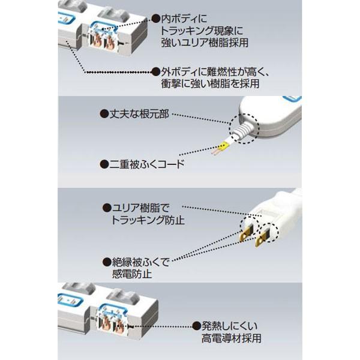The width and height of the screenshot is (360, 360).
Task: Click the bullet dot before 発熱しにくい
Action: point(196,326)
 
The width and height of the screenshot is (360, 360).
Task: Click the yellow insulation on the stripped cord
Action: point(223,146)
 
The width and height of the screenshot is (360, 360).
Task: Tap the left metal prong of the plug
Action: point(245,232)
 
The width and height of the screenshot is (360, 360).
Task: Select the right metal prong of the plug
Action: point(261,239)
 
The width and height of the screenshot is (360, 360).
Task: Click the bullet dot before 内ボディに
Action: point(155,19)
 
